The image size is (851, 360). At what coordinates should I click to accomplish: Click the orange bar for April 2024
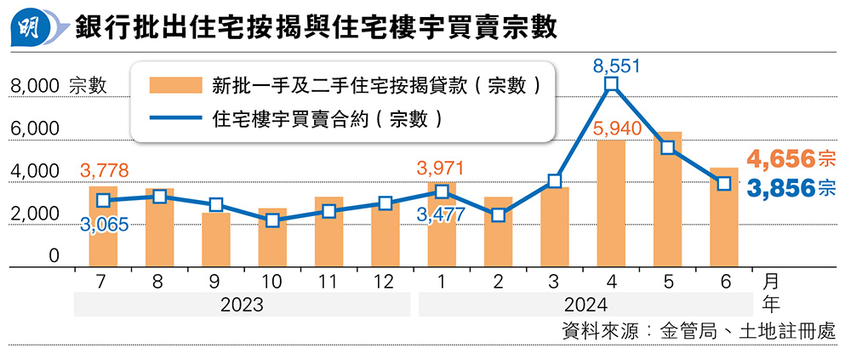611,204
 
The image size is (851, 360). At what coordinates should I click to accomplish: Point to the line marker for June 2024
723,183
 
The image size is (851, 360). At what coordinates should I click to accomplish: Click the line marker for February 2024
498,215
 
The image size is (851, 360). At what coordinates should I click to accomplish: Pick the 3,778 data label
104,171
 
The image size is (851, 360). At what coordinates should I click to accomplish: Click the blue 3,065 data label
104,225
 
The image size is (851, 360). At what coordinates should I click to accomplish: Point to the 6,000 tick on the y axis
35,129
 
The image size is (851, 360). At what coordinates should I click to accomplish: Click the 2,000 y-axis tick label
35,214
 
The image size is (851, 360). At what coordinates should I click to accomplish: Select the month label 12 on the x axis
385,280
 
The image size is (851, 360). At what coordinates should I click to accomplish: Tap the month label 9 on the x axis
216,280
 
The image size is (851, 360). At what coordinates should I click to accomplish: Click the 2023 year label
242,304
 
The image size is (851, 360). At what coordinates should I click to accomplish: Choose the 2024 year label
584,304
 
